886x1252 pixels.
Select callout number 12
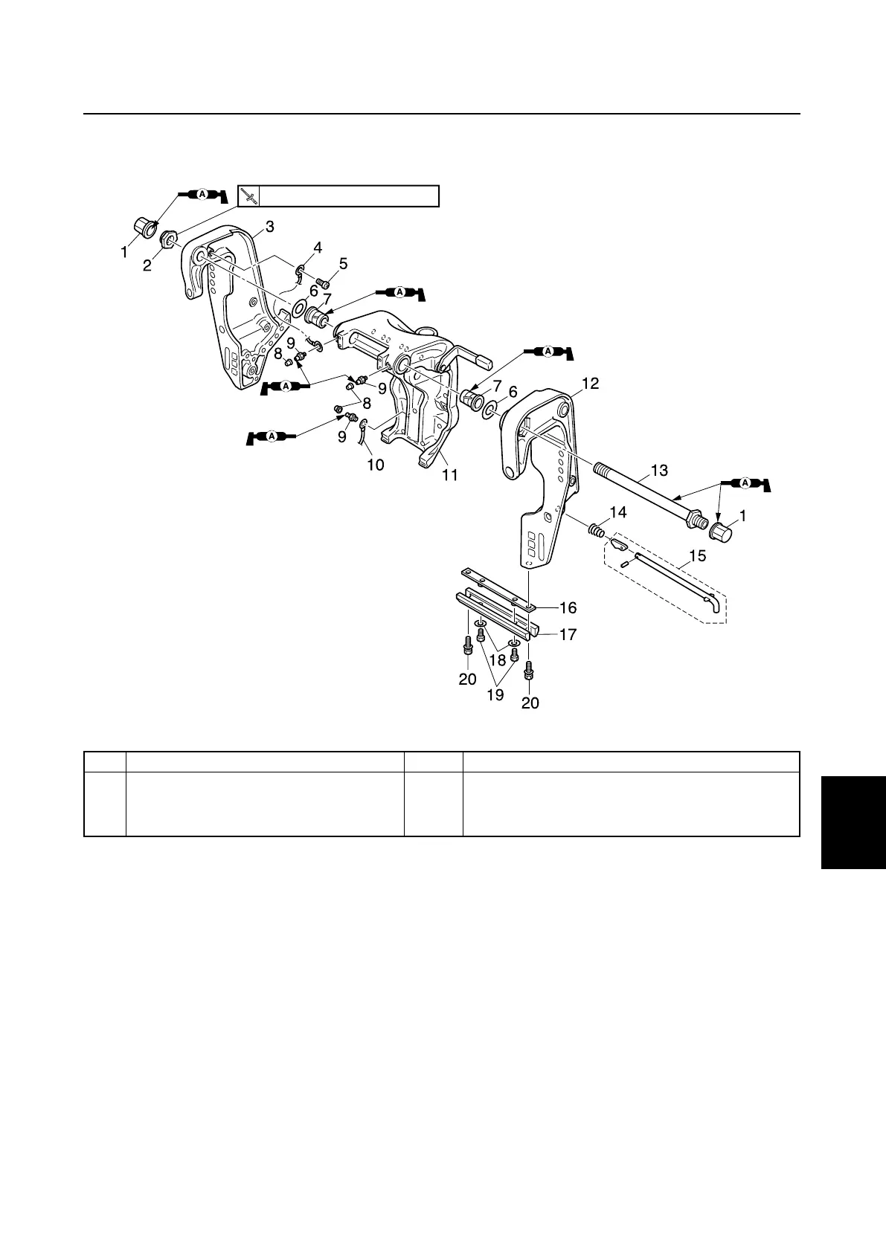pyautogui.click(x=590, y=384)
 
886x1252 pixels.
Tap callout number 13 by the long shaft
pyautogui.click(x=659, y=470)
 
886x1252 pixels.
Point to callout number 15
pyautogui.click(x=698, y=555)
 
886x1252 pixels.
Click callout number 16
pyautogui.click(x=568, y=608)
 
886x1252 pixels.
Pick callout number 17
pyautogui.click(x=568, y=635)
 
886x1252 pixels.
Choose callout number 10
pyautogui.click(x=376, y=465)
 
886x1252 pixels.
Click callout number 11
pyautogui.click(x=450, y=474)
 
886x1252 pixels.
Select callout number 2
pyautogui.click(x=147, y=265)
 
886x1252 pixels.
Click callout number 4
pyautogui.click(x=318, y=248)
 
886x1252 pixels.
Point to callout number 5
pyautogui.click(x=343, y=263)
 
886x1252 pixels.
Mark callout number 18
pyautogui.click(x=498, y=659)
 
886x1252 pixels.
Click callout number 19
pyautogui.click(x=495, y=695)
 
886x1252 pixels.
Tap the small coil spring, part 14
pyautogui.click(x=594, y=530)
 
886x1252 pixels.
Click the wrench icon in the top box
pyautogui.click(x=250, y=196)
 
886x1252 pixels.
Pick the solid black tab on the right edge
pyautogui.click(x=853, y=821)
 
